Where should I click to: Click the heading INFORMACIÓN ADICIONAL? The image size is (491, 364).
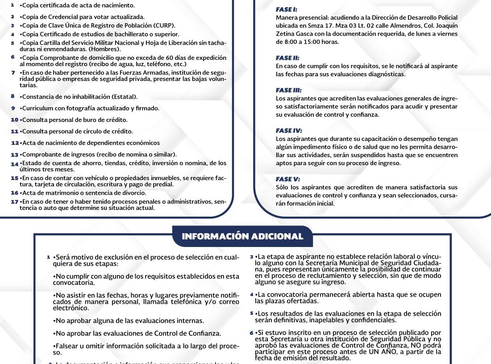pyautogui.click(x=242, y=236)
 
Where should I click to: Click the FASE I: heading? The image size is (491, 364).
pyautogui.click(x=287, y=9)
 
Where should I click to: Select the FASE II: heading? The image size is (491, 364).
pyautogui.click(x=288, y=58)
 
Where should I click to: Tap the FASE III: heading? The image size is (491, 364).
pyautogui.click(x=289, y=90)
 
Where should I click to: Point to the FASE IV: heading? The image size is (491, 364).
pyautogui.click(x=289, y=130)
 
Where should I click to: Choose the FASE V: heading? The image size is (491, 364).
pyautogui.click(x=287, y=179)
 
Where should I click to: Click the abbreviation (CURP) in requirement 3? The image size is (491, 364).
pyautogui.click(x=164, y=25)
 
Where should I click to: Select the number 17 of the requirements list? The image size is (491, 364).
pyautogui.click(x=14, y=202)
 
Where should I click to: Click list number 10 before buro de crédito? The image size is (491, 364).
pyautogui.click(x=14, y=120)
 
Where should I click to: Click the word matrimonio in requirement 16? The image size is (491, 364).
pyautogui.click(x=58, y=193)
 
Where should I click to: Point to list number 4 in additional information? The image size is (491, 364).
pyautogui.click(x=252, y=295)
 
